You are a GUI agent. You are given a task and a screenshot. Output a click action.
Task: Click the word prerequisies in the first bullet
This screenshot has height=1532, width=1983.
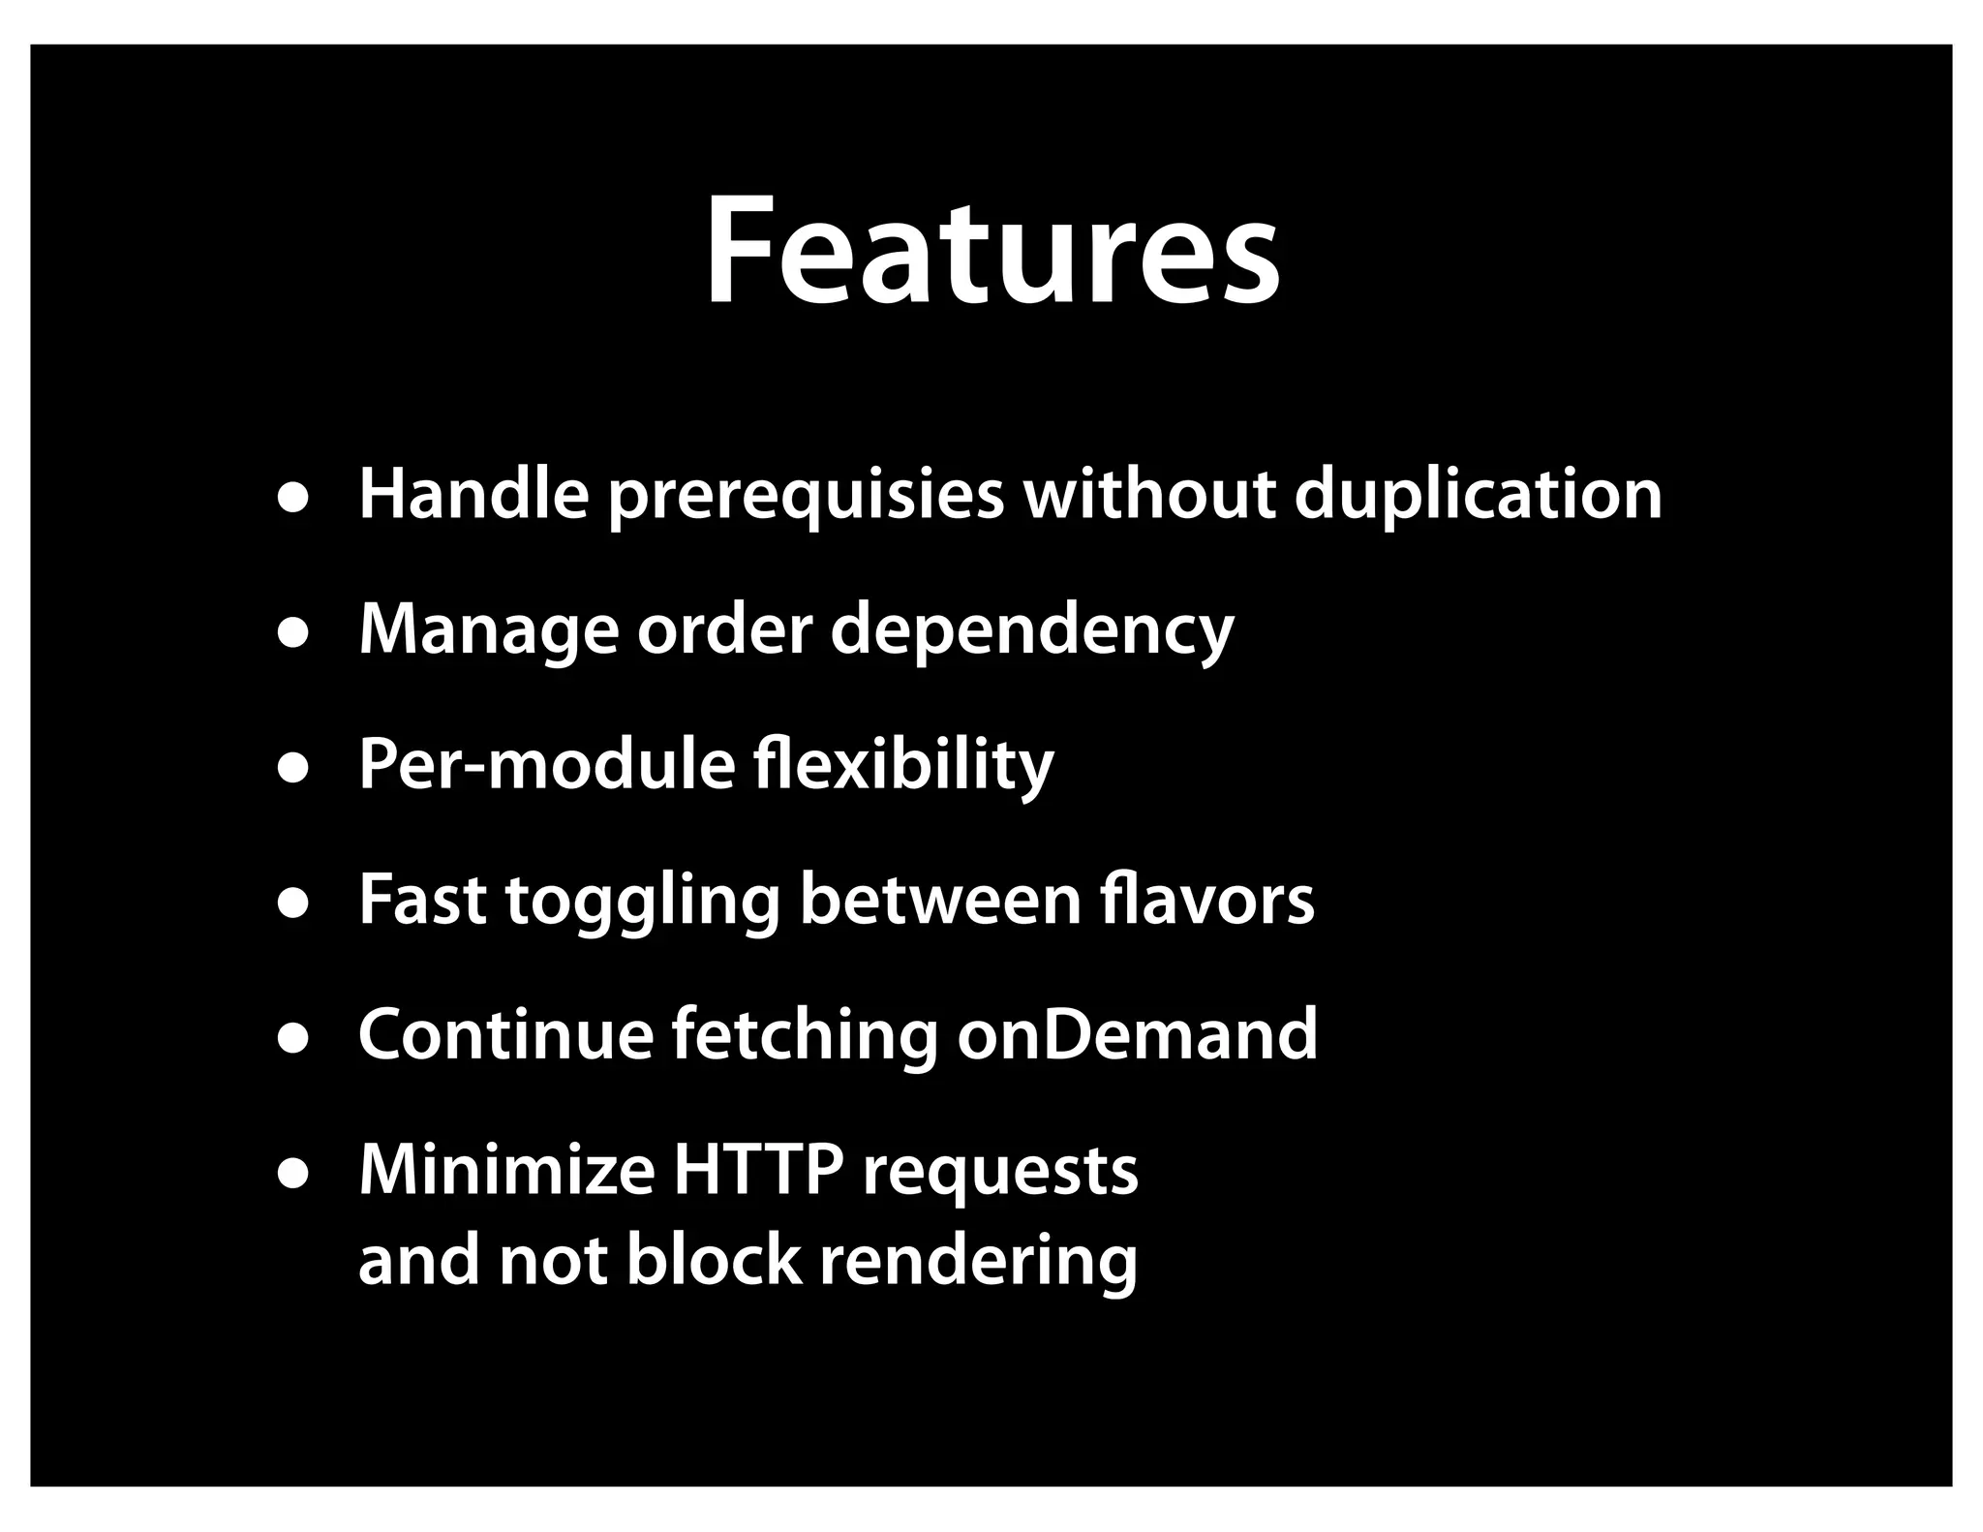coord(807,496)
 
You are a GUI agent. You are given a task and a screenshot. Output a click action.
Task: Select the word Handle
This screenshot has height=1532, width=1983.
coord(473,494)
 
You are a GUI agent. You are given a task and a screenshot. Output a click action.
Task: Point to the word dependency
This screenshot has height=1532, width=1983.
coord(1032,631)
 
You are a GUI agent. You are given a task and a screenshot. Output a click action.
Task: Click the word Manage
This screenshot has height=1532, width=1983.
coord(488,631)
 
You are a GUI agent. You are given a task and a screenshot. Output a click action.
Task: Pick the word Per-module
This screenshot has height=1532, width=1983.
coord(546,765)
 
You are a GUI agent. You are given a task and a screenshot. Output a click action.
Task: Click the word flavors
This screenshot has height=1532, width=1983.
coord(1207,901)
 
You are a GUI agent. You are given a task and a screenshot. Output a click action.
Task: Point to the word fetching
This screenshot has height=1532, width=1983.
coord(805,1036)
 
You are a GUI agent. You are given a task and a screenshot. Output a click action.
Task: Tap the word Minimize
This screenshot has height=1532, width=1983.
coord(506,1171)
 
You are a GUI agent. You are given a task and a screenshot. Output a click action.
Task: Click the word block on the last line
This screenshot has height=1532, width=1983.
coord(714,1261)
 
